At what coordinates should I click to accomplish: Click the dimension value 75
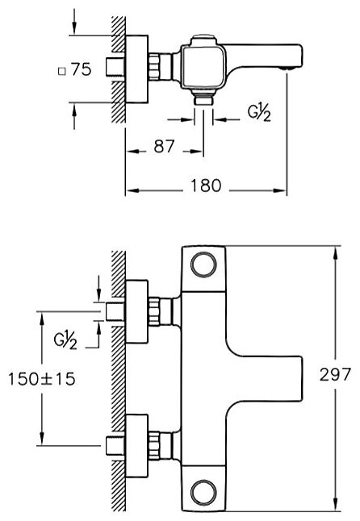(81, 70)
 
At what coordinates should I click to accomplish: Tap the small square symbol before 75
(62, 72)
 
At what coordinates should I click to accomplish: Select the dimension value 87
(164, 146)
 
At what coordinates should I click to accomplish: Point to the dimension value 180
(206, 185)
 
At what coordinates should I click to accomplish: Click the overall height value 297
(335, 374)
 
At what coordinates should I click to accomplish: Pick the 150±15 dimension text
(42, 379)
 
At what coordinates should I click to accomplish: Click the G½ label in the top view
(259, 113)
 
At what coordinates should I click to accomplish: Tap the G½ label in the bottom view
(65, 341)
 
